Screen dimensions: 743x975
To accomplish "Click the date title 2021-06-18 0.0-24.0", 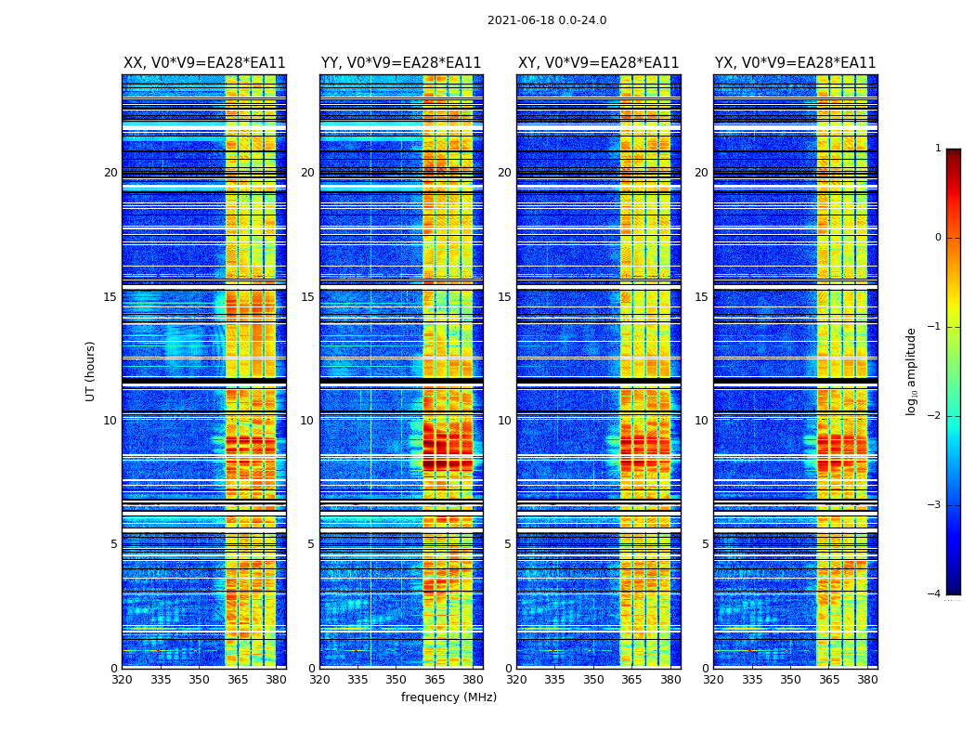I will click(x=547, y=20).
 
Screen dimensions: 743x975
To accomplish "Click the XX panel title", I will click(x=204, y=63).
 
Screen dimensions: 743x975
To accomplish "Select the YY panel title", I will click(x=401, y=63).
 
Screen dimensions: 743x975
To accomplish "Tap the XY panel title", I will click(x=599, y=63).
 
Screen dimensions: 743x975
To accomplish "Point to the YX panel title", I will click(x=795, y=63).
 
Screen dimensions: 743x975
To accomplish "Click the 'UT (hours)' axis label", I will click(x=91, y=371).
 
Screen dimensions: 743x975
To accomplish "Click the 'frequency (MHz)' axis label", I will click(x=448, y=697).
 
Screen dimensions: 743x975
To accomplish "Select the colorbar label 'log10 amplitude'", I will click(x=912, y=371).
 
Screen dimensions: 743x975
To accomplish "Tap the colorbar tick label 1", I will click(x=938, y=149).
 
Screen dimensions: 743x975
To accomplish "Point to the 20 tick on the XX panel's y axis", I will click(x=110, y=173).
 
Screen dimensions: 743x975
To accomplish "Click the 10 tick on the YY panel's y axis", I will click(x=307, y=421).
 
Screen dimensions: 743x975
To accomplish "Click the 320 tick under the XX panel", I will click(x=122, y=680).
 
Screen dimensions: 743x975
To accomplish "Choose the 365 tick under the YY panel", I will click(x=435, y=680).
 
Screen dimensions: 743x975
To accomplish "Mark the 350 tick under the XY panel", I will click(x=593, y=680).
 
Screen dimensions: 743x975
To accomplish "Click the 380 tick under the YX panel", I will click(x=867, y=680).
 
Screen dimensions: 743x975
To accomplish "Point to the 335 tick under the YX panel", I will click(x=752, y=680).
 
